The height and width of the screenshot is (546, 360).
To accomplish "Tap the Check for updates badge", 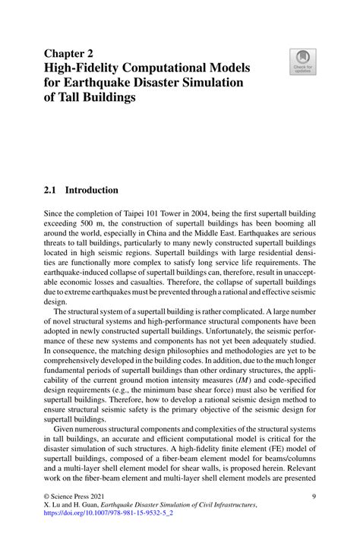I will tap(302, 63).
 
